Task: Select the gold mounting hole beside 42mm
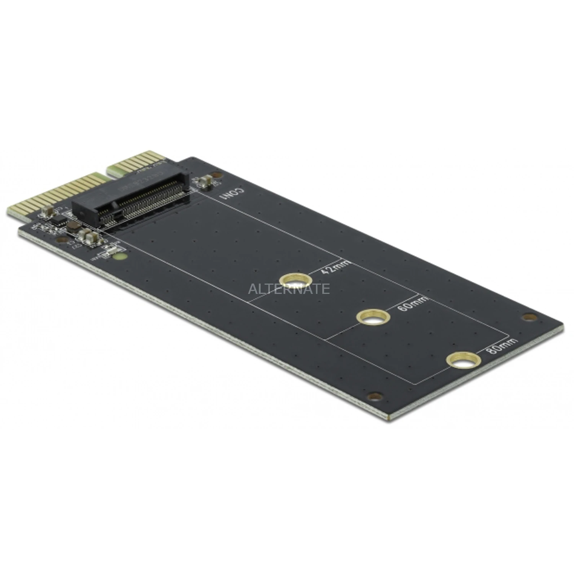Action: coord(295,280)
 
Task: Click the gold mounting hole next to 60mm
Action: coord(373,316)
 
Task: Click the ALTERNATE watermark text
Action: coord(289,289)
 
